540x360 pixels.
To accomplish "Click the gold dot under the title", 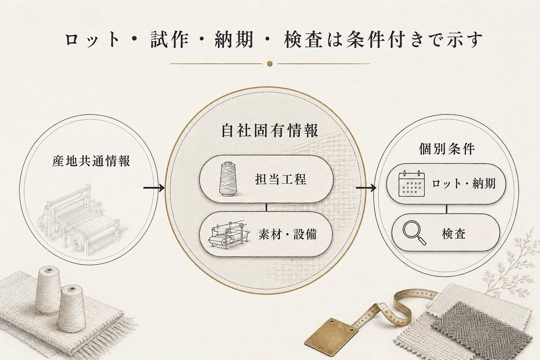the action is [x=270, y=63].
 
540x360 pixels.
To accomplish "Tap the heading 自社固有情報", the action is [x=270, y=130].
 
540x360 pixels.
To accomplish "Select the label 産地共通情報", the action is [x=91, y=161].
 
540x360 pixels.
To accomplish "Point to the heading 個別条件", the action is [x=447, y=149].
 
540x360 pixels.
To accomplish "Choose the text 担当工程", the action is [x=281, y=179].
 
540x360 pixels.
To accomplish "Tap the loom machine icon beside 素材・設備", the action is [x=228, y=234].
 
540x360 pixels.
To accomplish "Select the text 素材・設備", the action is [x=288, y=234].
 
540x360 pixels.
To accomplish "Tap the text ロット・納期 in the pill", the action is [x=463, y=184].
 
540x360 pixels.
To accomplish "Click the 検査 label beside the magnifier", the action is [x=454, y=234].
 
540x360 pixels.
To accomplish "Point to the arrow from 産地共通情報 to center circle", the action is [x=154, y=188].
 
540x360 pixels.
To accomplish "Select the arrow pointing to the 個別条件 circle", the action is [x=366, y=188].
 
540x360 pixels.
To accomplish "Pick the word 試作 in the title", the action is [x=169, y=39].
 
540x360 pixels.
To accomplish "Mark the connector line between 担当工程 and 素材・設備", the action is [x=266, y=207].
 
